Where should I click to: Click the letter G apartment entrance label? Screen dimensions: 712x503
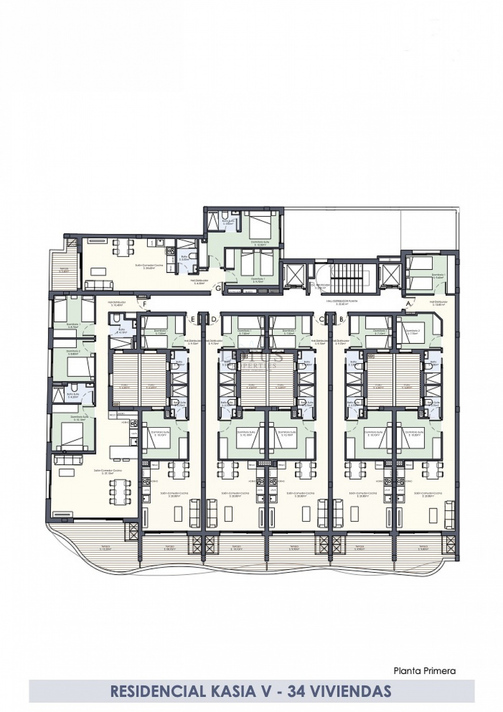(218, 288)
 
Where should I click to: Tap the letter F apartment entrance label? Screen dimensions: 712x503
(145, 304)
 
